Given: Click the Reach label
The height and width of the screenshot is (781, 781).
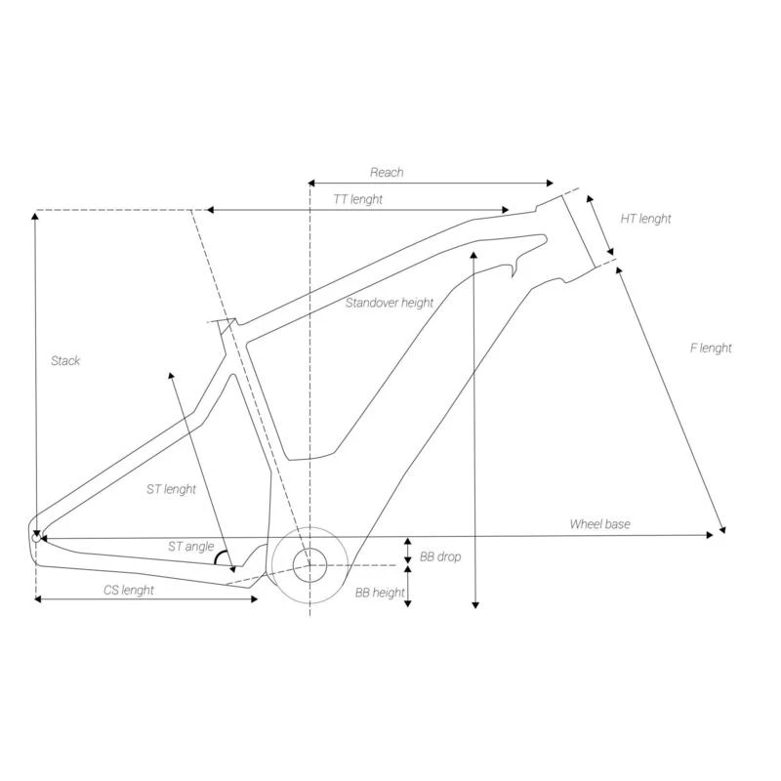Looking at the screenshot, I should (x=387, y=173).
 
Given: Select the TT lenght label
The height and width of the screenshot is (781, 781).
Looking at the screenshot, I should (x=357, y=199).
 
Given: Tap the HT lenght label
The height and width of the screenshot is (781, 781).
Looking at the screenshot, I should (x=646, y=219).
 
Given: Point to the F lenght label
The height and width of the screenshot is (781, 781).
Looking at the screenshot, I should (x=710, y=349).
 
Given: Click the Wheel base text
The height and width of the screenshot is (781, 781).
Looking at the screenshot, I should (x=599, y=524).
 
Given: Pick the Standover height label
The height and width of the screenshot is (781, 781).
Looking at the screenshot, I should (x=390, y=303).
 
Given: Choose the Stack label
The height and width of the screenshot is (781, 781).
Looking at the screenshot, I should (x=65, y=361).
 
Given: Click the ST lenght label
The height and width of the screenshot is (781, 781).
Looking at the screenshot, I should (x=171, y=489).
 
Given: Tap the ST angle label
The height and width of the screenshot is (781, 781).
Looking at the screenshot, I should (x=190, y=547).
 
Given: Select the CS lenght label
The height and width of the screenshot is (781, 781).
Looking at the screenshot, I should (x=129, y=590).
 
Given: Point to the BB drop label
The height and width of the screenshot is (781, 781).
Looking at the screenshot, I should (x=439, y=556).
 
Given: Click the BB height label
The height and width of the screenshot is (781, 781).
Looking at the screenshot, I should (x=379, y=592).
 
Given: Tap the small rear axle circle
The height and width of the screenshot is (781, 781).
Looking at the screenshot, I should (x=37, y=536).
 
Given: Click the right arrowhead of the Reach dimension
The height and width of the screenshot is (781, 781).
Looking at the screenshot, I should (x=551, y=183).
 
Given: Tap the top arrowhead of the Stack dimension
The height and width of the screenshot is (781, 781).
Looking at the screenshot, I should (x=35, y=215).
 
